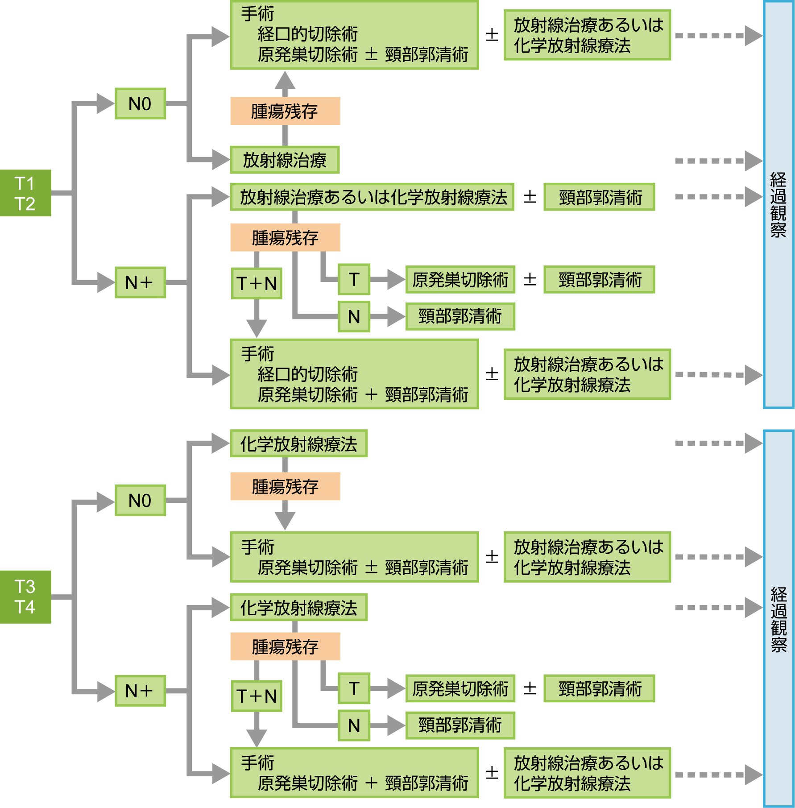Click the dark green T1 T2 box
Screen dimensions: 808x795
pyautogui.click(x=25, y=193)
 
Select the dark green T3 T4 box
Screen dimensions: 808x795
pyautogui.click(x=25, y=597)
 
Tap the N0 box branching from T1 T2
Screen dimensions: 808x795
pyautogui.click(x=140, y=104)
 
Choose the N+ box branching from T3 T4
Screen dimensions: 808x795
pyautogui.click(x=140, y=691)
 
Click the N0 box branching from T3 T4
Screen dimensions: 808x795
pyautogui.click(x=140, y=500)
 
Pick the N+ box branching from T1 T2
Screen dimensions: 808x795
pyautogui.click(x=140, y=282)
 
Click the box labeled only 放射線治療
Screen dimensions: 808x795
pyautogui.click(x=285, y=160)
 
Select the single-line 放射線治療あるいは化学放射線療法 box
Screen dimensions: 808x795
pyautogui.click(x=372, y=197)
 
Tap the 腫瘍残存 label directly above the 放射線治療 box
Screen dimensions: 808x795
pyautogui.click(x=285, y=111)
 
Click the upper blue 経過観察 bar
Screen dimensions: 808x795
pyautogui.click(x=778, y=204)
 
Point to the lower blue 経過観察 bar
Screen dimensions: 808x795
pyautogui.click(x=778, y=618)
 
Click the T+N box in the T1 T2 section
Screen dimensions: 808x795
pyautogui.click(x=257, y=283)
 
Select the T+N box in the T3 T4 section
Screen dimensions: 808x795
pyautogui.click(x=257, y=696)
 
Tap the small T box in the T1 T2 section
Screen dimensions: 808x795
pyautogui.click(x=354, y=279)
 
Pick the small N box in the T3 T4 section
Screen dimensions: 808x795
pyautogui.click(x=354, y=725)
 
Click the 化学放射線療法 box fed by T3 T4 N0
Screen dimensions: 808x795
pyautogui.click(x=298, y=443)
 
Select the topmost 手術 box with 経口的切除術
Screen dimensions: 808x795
pyautogui.click(x=354, y=35)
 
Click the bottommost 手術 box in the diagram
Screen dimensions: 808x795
pyautogui.click(x=354, y=773)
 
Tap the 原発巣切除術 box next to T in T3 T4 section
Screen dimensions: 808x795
pyautogui.click(x=460, y=688)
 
